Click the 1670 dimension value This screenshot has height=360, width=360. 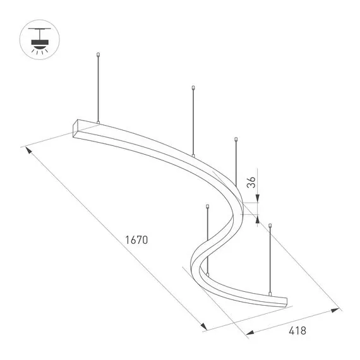[x=136, y=240]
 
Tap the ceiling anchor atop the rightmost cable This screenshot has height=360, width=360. [x=270, y=224]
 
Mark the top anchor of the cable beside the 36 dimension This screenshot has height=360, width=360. [x=236, y=138]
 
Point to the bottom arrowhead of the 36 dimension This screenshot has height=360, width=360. [x=258, y=219]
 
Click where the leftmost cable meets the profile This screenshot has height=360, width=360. [x=98, y=122]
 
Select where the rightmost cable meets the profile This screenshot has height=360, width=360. [x=270, y=294]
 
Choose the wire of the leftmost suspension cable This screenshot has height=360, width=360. [x=98, y=88]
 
